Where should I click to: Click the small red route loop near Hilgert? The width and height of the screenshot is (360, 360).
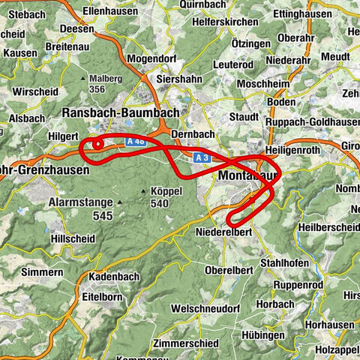97,145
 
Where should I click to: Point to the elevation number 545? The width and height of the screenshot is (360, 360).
102,216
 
